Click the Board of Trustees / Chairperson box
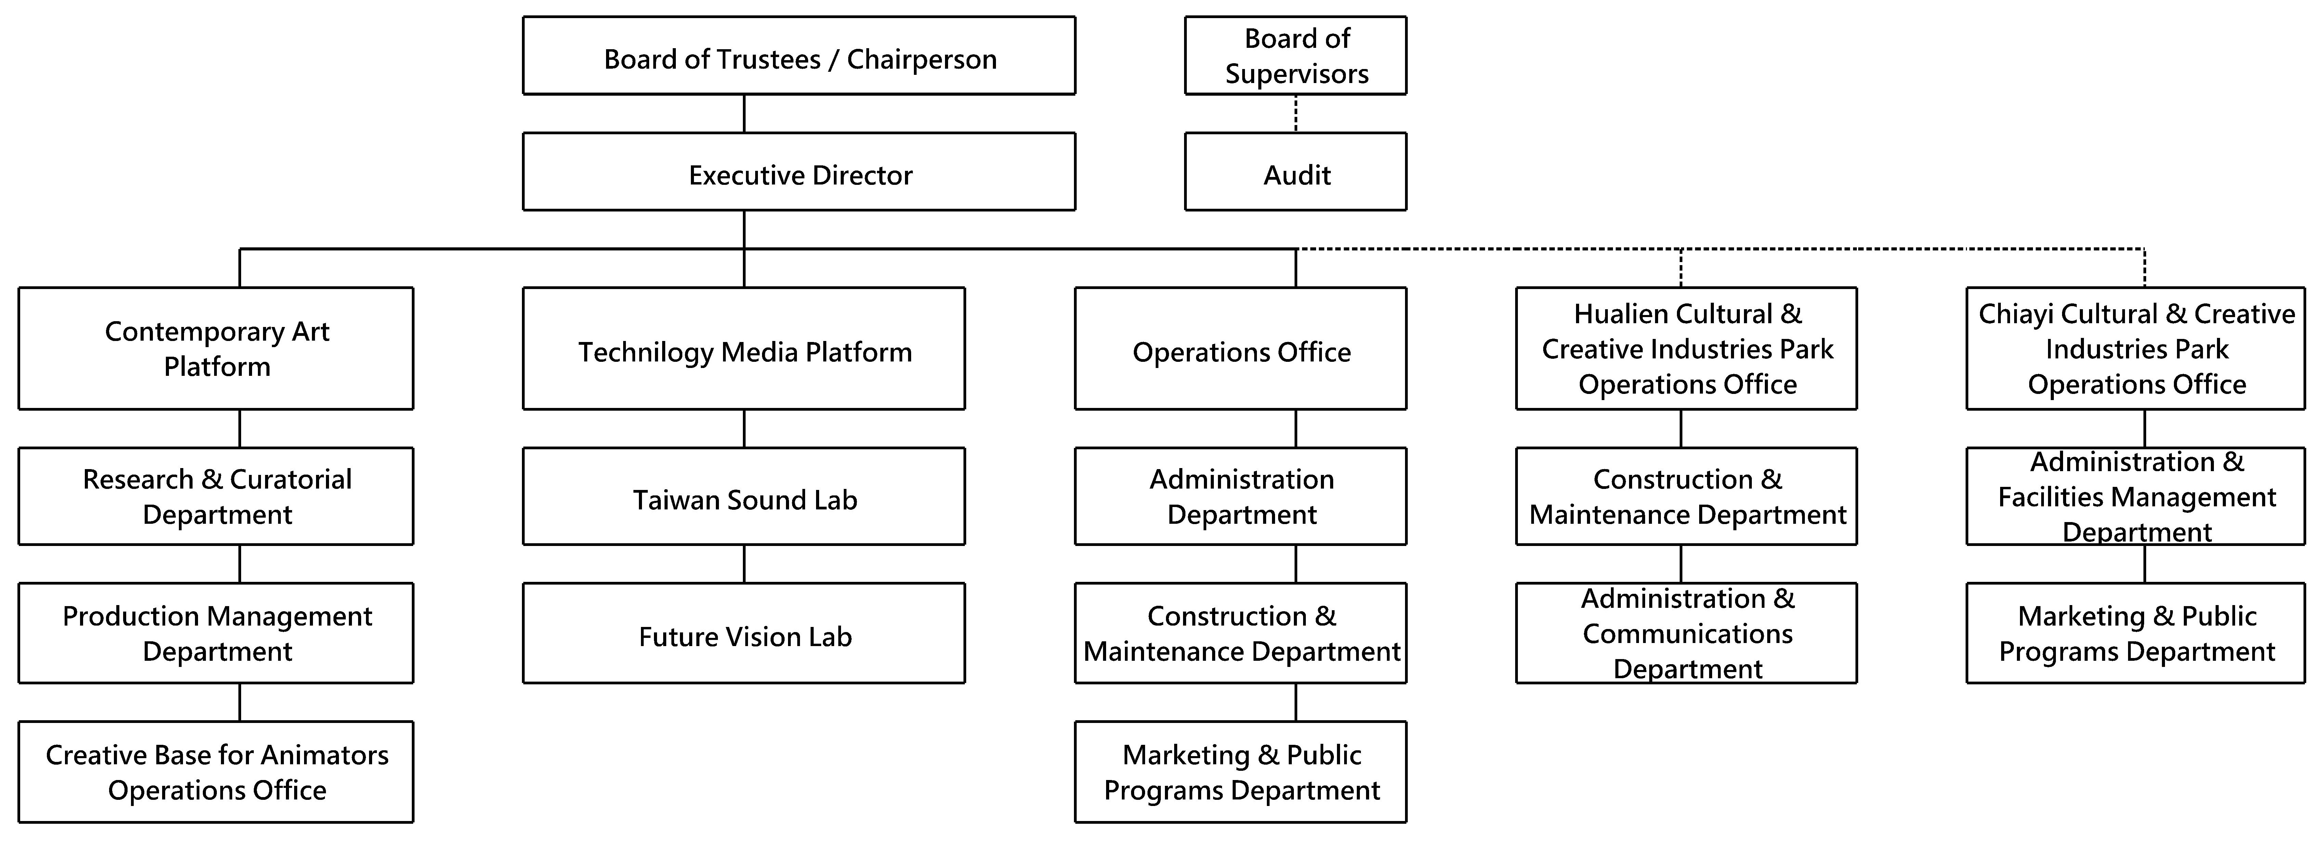pos(799,55)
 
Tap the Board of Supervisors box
pos(1296,55)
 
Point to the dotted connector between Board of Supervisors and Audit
pos(1296,113)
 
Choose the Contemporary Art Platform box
pos(216,349)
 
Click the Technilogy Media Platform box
pos(744,349)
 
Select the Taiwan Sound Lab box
pos(744,496)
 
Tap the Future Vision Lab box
pos(744,633)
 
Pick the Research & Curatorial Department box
pos(216,496)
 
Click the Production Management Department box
pos(216,633)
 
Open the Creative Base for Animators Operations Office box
pos(216,771)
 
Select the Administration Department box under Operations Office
pos(1241,496)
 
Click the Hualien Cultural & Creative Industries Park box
pos(1687,349)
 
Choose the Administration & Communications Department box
pos(1687,633)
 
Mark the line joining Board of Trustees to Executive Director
pos(744,113)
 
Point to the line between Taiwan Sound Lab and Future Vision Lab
pos(744,564)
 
